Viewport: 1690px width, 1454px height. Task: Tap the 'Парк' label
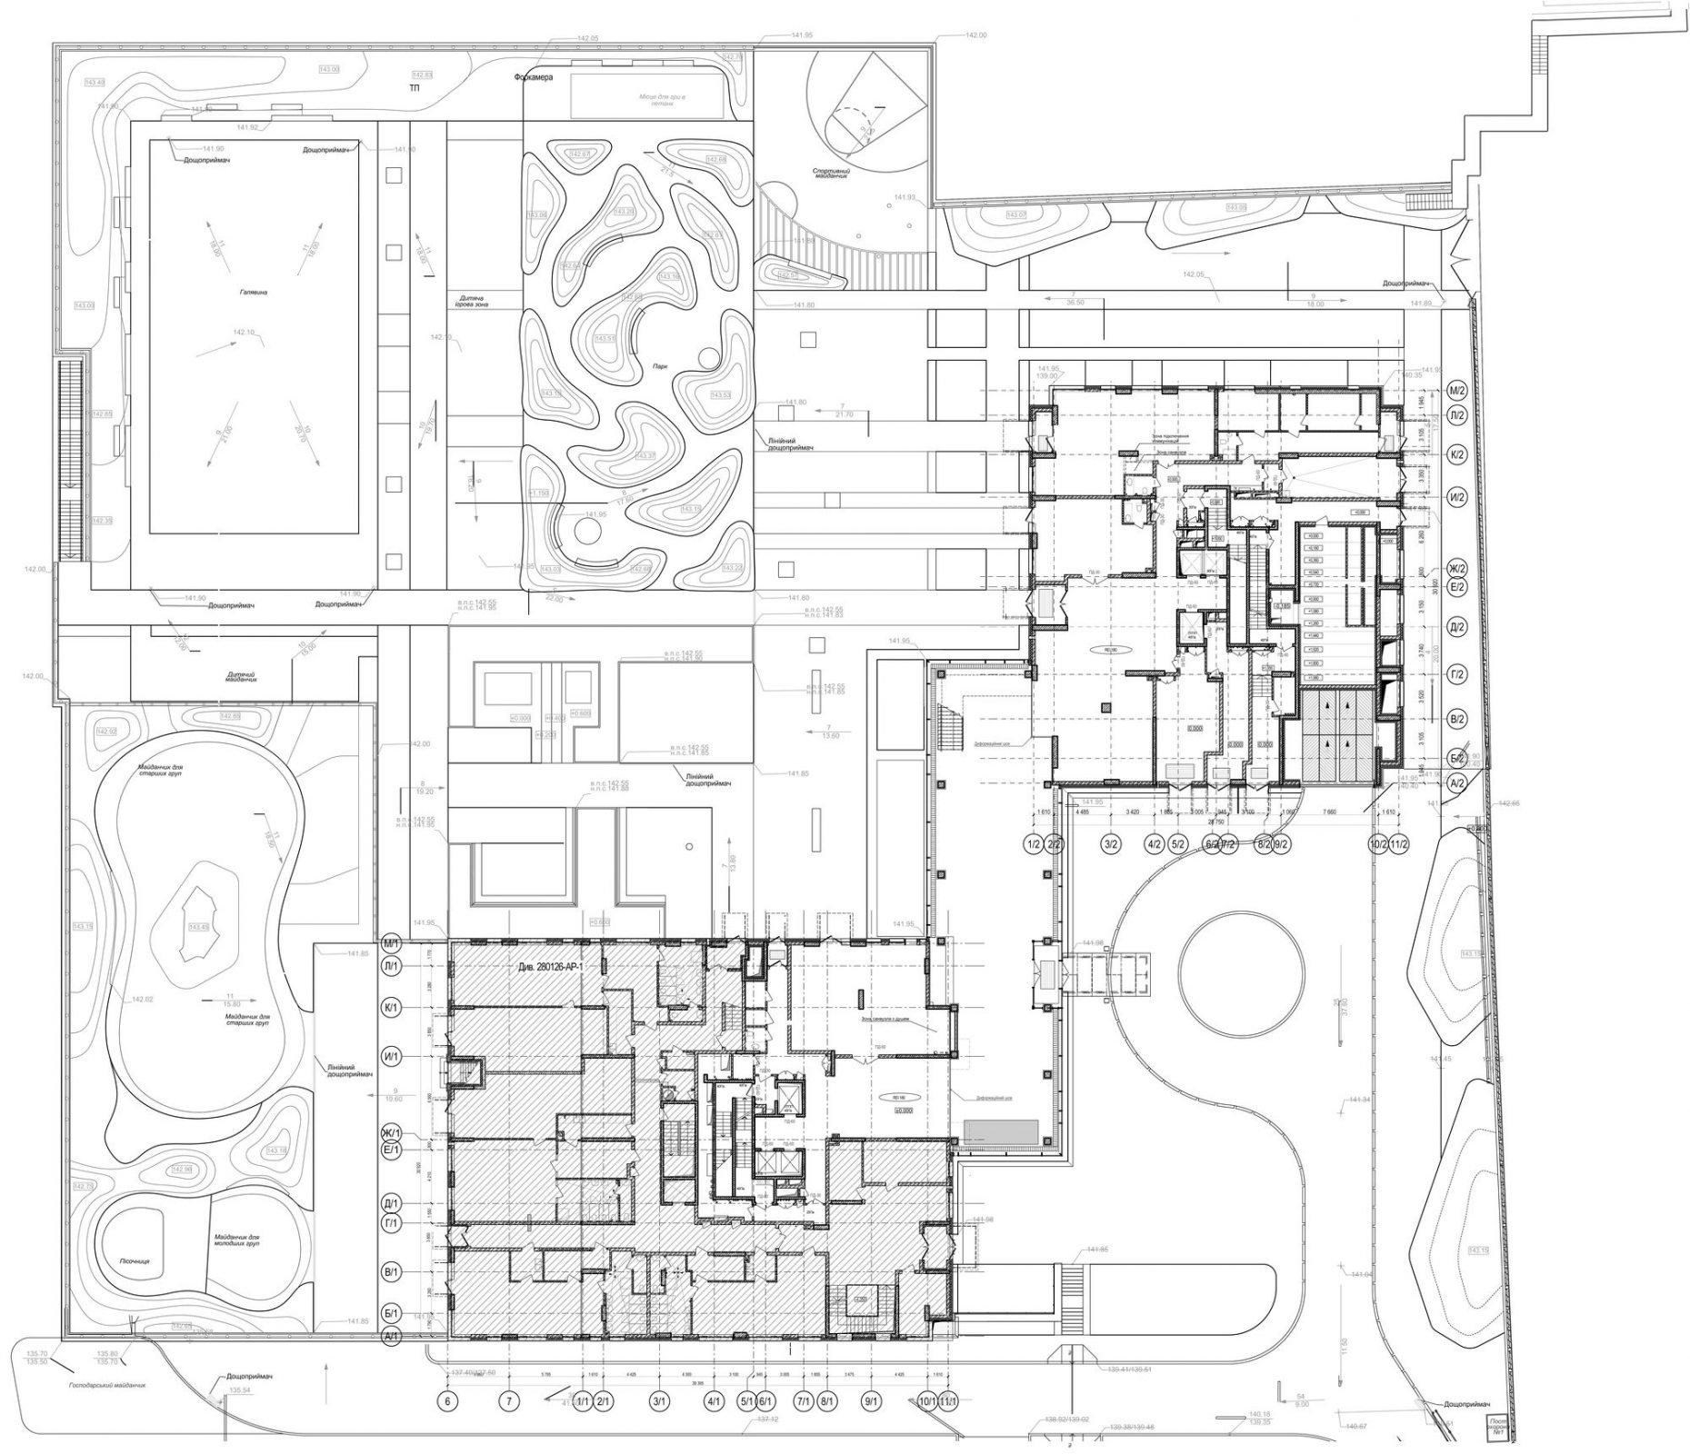tap(660, 366)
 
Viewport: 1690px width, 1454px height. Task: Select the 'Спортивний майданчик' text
tap(831, 174)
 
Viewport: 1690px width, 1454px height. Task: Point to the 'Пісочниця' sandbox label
tap(134, 1262)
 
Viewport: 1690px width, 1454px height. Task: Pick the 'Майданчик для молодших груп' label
tap(238, 1242)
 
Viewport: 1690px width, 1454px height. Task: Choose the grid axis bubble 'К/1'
tap(393, 1008)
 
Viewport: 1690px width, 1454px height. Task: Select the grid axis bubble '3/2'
tap(1110, 845)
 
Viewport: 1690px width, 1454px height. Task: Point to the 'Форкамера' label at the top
tap(538, 78)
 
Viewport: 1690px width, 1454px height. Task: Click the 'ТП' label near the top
tap(415, 89)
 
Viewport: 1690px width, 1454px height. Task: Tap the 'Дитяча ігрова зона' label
tap(472, 304)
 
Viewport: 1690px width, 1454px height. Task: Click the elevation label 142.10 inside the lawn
tap(244, 333)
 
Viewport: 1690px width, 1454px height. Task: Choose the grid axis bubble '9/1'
tap(871, 1400)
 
